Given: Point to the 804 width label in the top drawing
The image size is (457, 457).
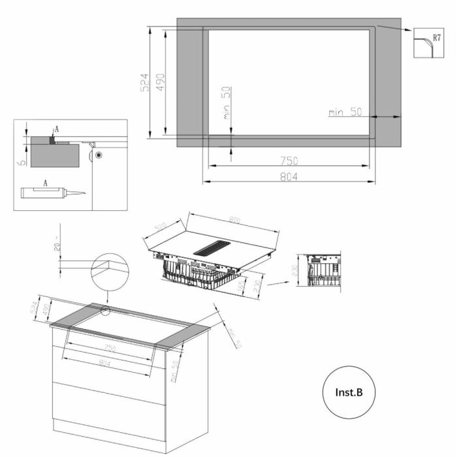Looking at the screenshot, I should pos(288,176).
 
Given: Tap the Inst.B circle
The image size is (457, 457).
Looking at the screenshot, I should pos(349,392).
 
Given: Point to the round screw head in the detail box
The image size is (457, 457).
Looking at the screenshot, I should pos(97,155).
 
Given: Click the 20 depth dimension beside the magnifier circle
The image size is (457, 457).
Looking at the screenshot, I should pos(57,245).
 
